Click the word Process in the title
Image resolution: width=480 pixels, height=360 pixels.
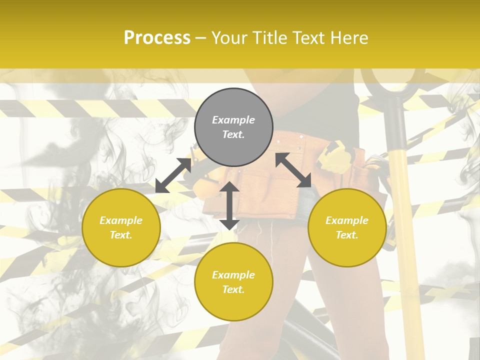tap(157, 38)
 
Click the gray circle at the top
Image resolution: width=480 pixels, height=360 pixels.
tap(233, 127)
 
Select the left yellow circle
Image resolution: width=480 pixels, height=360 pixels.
tap(121, 227)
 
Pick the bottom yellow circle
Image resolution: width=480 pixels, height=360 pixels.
tap(233, 282)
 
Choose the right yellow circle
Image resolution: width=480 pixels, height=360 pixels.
tap(347, 227)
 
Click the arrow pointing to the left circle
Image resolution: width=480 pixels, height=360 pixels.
tap(173, 175)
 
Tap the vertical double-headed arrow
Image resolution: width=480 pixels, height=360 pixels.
tap(229, 205)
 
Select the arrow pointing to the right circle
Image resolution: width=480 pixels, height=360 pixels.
tap(293, 170)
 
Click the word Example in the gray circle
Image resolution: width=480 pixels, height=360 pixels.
tap(233, 120)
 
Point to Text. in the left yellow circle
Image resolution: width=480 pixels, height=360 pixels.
tap(121, 235)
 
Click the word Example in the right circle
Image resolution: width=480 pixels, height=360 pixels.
tap(347, 220)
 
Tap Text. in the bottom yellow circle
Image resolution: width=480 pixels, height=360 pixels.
tap(233, 289)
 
